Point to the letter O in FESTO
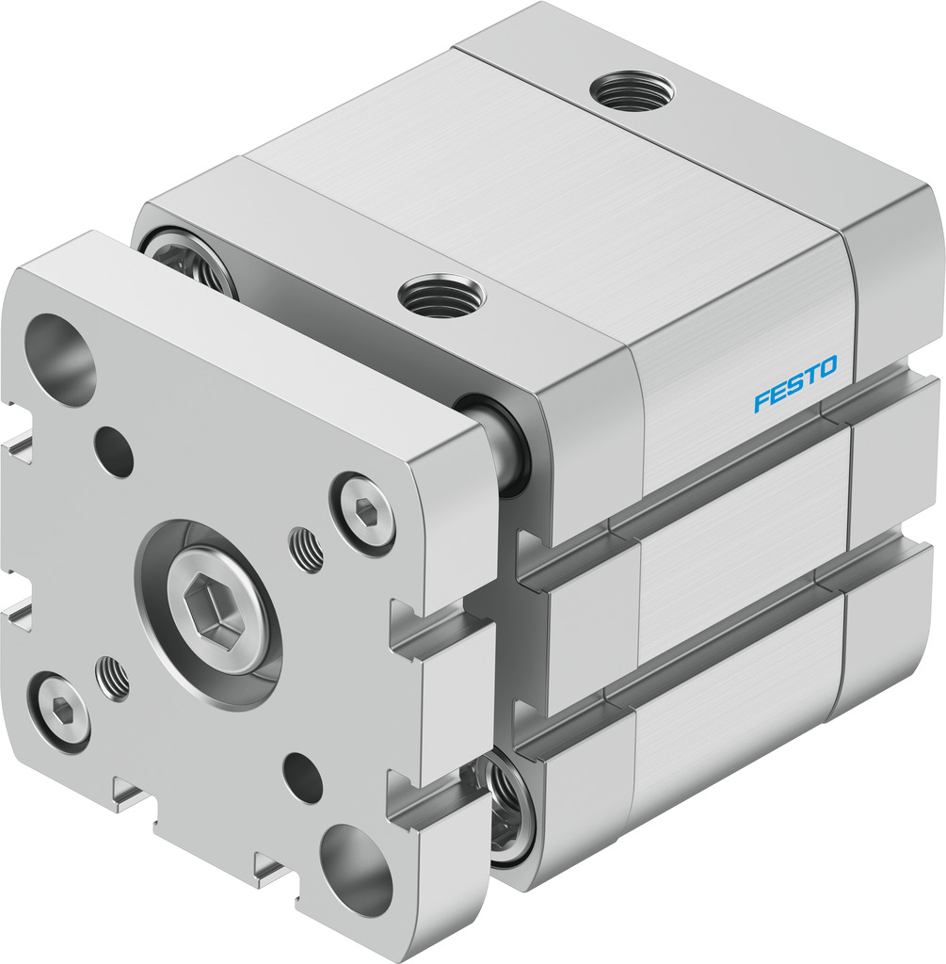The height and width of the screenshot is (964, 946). click(827, 366)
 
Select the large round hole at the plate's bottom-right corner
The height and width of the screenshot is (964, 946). click(357, 869)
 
